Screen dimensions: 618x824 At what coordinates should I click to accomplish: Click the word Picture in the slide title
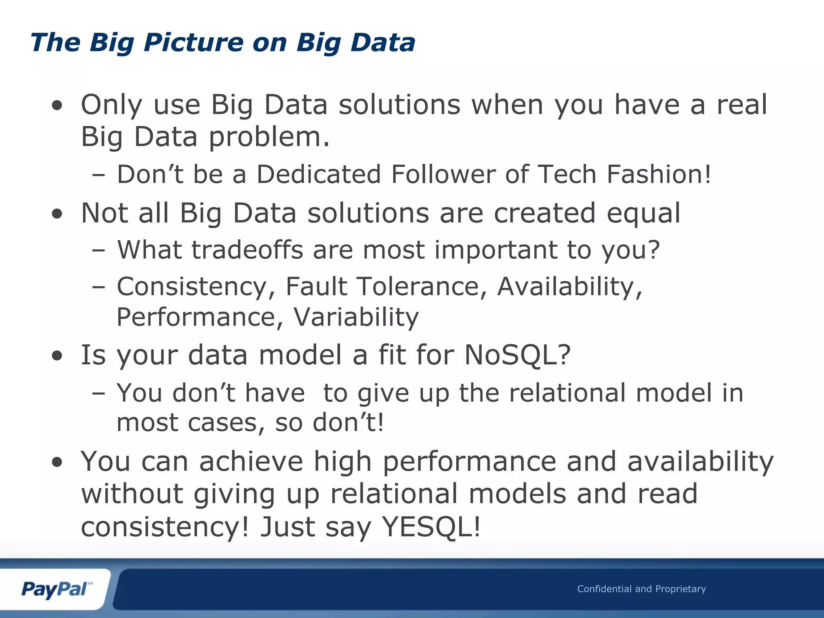point(194,43)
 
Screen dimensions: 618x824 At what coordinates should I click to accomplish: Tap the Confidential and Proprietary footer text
point(641,589)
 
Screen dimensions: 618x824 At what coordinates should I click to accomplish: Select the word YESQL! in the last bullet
point(431,527)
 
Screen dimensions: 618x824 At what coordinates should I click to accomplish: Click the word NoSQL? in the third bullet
point(517,355)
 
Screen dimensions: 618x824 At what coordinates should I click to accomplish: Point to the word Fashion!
point(659,174)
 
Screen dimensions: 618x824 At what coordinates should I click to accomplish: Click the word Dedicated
point(319,174)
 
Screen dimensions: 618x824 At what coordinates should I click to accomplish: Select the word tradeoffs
point(247,250)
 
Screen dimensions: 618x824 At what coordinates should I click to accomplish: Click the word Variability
point(356,317)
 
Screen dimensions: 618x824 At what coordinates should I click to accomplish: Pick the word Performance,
point(200,317)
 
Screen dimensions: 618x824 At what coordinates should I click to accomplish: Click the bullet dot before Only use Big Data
point(57,106)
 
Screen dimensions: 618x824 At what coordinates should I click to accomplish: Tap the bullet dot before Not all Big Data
point(57,214)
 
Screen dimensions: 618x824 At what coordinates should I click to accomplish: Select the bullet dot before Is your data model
point(57,356)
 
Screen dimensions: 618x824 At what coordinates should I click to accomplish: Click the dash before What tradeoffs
point(98,251)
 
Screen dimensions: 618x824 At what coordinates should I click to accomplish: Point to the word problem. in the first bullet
point(269,138)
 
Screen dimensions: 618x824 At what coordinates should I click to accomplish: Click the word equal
point(643,213)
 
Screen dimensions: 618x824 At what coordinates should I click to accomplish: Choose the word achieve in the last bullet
point(251,461)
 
